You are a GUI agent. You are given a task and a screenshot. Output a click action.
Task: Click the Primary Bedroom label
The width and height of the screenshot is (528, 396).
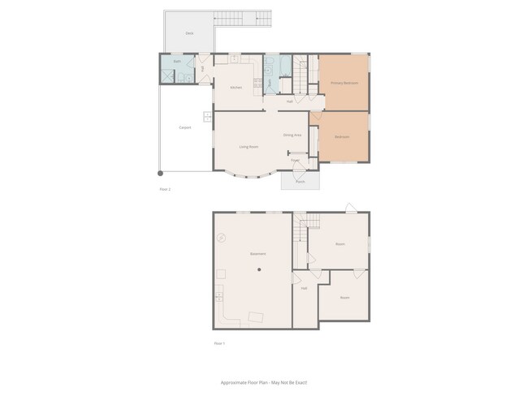point(344,83)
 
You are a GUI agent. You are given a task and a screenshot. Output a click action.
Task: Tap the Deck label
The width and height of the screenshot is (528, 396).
point(188,33)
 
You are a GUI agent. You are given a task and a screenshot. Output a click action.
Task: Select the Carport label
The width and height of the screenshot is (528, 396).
point(184,127)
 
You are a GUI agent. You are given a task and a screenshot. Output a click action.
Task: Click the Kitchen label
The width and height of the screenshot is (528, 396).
point(236,87)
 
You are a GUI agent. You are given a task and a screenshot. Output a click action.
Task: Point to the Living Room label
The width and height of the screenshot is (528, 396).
point(249,147)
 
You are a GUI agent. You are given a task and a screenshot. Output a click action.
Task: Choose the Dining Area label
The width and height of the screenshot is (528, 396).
point(292,135)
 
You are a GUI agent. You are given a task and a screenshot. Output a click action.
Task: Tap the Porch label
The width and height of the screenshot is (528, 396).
point(300,182)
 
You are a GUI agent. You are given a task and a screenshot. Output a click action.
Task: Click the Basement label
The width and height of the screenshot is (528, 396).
point(258,254)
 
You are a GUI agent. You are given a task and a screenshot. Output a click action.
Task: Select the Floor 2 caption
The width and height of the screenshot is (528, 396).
point(165,189)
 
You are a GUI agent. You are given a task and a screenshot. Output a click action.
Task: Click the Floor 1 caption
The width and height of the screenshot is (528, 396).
point(219,343)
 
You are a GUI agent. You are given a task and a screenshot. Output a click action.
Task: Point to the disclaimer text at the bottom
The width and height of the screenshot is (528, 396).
point(264,381)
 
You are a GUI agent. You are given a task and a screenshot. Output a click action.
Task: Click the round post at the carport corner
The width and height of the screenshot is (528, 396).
point(160,173)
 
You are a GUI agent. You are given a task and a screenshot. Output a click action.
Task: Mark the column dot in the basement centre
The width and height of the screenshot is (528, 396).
point(260,269)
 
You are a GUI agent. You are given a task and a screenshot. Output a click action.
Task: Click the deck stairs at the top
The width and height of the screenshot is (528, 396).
point(241,17)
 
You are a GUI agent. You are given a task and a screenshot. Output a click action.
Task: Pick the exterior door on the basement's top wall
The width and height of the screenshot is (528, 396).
point(349,209)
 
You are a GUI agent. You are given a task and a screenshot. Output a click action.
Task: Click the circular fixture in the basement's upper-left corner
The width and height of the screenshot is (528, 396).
point(220,239)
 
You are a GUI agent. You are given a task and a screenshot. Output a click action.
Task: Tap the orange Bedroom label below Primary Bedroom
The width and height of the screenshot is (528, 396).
point(342,136)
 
